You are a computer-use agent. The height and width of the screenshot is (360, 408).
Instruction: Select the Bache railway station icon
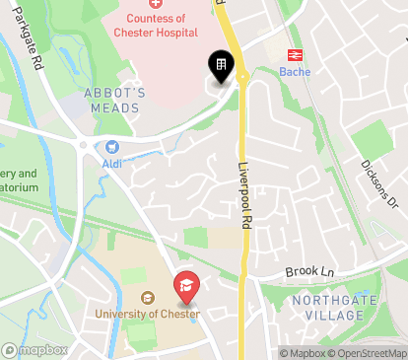pyautogui.click(x=294, y=56)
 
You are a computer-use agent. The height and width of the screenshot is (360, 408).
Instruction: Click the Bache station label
pyautogui.click(x=294, y=72)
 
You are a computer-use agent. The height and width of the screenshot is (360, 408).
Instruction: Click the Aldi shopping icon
pyautogui.click(x=99, y=147)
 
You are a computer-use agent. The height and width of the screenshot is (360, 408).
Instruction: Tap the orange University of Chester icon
pyautogui.click(x=147, y=299)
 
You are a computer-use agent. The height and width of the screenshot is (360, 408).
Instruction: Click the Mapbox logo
pyautogui.click(x=35, y=349)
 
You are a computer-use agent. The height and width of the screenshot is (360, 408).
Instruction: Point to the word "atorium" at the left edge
pyautogui.click(x=19, y=186)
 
